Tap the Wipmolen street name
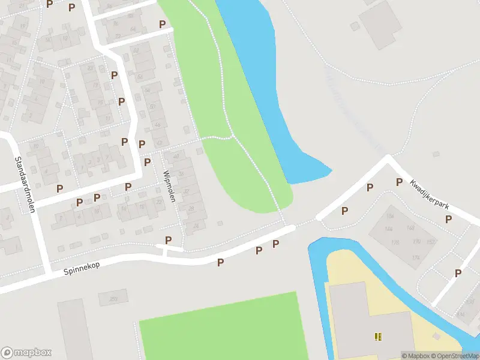[x=169, y=185]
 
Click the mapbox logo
[x=26, y=353]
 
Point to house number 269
[x=114, y=298]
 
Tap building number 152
[x=431, y=242]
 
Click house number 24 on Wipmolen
[x=196, y=226]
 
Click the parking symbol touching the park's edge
[x=162, y=25]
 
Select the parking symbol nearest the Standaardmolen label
[x=59, y=188]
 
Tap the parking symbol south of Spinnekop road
[x=220, y=262]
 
